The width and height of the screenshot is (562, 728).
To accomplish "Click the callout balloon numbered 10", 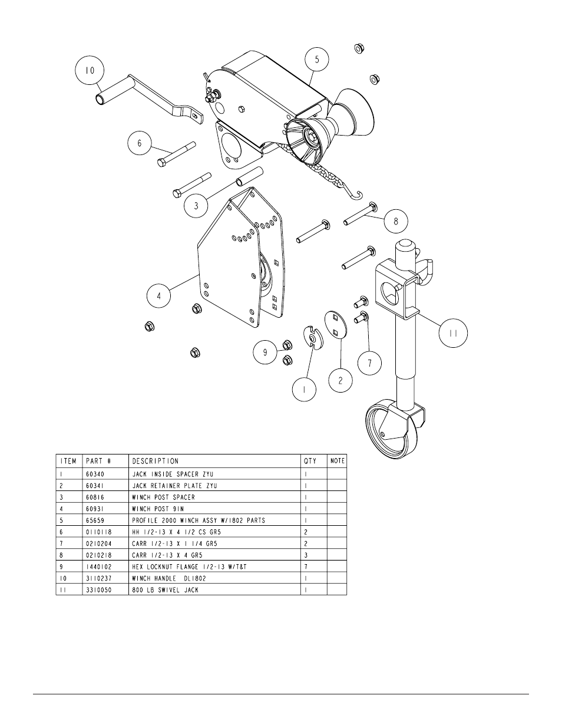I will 90,70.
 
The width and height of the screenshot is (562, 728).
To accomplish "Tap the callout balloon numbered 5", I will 317,60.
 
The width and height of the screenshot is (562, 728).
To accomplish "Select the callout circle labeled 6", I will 140,143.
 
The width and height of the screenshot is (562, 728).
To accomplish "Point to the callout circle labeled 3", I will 196,206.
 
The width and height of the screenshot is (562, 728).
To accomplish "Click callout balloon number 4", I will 158,296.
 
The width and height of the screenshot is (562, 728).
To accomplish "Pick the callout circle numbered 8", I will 396,222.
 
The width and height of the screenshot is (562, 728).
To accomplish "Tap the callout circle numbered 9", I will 265,353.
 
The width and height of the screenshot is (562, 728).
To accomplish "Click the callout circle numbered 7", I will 370,363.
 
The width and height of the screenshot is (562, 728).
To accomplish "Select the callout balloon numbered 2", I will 340,381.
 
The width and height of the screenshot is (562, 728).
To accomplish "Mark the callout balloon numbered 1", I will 305,390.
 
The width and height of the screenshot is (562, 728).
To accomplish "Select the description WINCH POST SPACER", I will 163,497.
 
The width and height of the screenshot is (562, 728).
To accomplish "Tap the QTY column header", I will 310,461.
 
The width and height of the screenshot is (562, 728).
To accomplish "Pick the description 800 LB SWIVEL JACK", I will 165,589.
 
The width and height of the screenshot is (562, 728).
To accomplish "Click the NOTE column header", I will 338,461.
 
